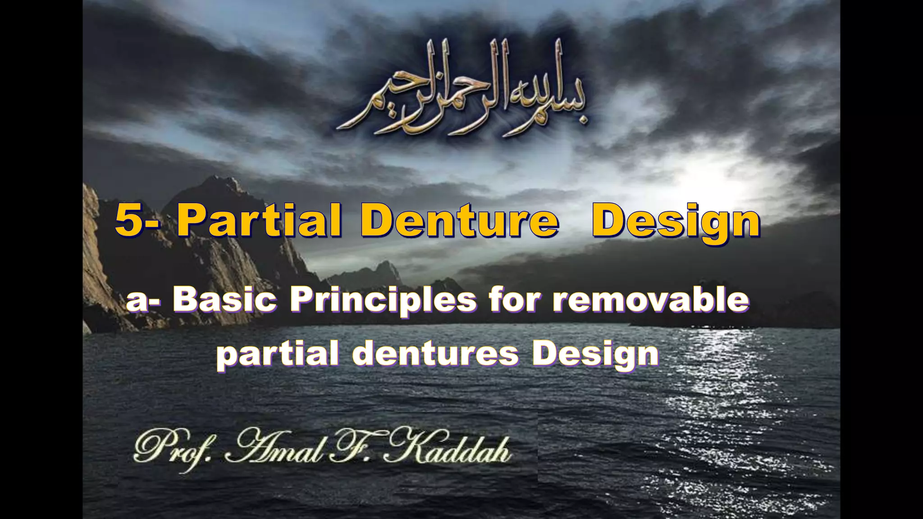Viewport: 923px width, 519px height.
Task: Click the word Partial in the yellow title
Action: point(259,221)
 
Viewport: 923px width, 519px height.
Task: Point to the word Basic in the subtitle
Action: point(224,299)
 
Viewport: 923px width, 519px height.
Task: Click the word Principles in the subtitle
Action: point(383,300)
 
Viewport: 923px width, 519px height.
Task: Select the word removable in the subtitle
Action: point(651,299)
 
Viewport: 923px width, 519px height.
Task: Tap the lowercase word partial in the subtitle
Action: point(278,354)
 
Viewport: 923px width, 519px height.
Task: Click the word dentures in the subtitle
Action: point(435,354)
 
